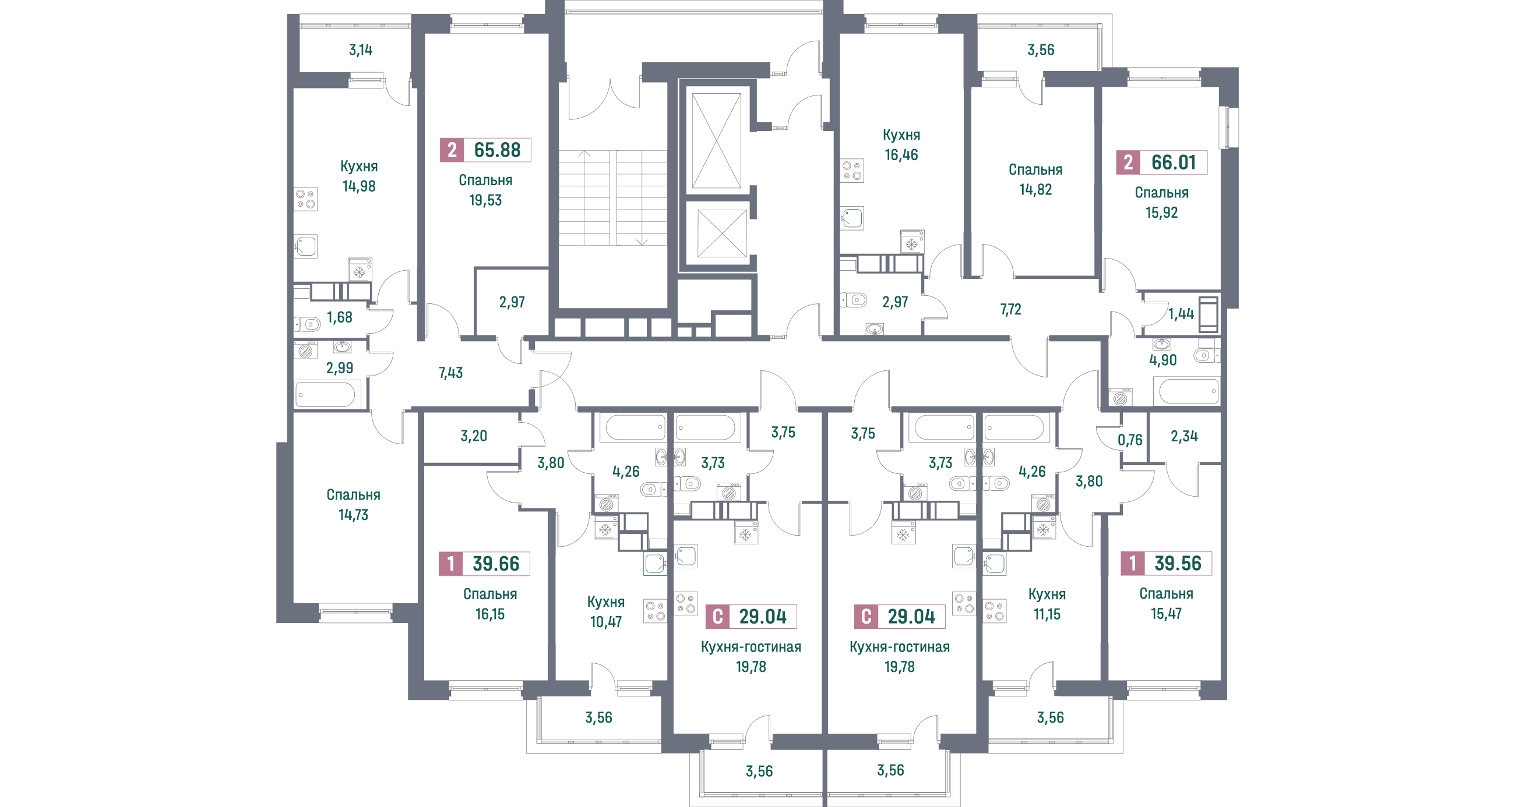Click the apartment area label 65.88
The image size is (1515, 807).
click(497, 150)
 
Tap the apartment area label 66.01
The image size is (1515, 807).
click(1173, 162)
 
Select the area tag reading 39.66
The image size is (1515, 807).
click(496, 564)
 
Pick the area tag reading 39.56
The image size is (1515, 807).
click(1178, 563)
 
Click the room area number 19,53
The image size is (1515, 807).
click(485, 200)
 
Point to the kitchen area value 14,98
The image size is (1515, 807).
click(359, 186)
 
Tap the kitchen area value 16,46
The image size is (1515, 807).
click(901, 155)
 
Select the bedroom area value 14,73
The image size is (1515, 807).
click(353, 515)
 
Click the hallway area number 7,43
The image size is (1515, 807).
click(450, 373)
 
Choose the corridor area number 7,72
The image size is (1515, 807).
click(1010, 310)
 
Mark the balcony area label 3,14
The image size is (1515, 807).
click(361, 50)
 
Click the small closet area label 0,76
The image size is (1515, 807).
click(1130, 440)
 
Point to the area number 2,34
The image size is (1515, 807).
click(1184, 436)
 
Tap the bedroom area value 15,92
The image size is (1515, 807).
click(1161, 213)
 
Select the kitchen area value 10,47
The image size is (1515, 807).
click(606, 622)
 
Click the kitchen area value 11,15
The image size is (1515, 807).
click(1047, 614)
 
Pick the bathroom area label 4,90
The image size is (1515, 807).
click(1162, 360)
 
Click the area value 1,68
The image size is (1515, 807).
click(339, 317)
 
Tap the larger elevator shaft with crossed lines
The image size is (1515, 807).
click(716, 141)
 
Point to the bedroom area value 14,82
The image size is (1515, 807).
click(1035, 190)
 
